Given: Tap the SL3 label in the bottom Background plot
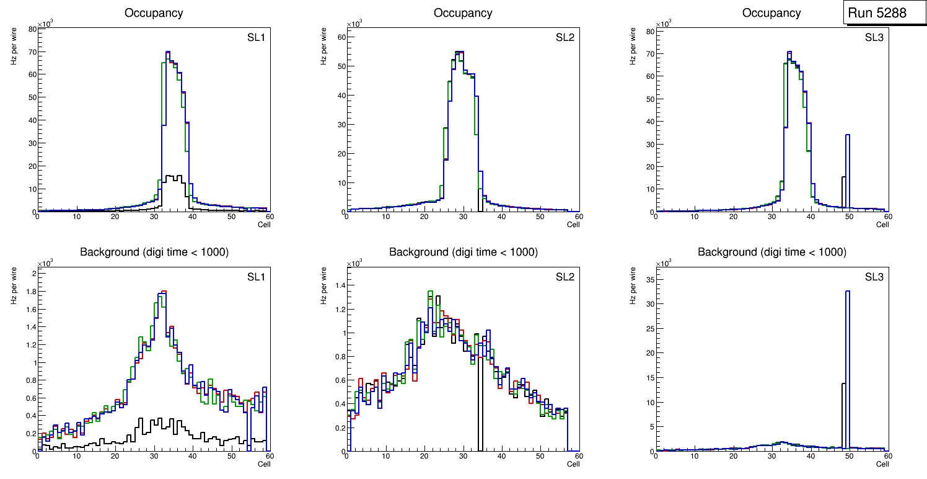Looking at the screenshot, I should pos(874,277).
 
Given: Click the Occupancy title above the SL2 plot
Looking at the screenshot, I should pos(463,13).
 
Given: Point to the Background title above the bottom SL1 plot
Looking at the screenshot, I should pos(154,252).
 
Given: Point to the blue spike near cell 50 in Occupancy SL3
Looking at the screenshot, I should pos(847,168).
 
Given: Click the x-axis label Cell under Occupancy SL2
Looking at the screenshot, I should pos(573,225).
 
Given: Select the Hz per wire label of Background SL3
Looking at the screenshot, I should pos(633,285).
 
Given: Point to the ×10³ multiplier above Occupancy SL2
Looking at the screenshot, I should pos(354,24).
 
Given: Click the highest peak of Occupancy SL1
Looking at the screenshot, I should pos(167,53).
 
